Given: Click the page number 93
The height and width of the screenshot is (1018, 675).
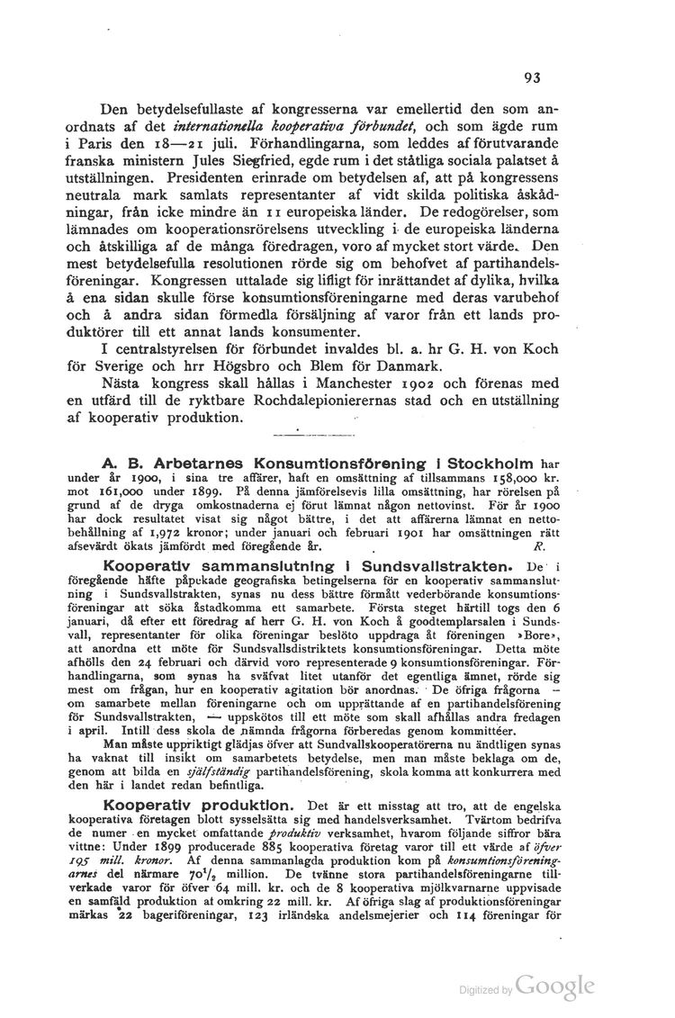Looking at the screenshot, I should (x=531, y=78).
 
